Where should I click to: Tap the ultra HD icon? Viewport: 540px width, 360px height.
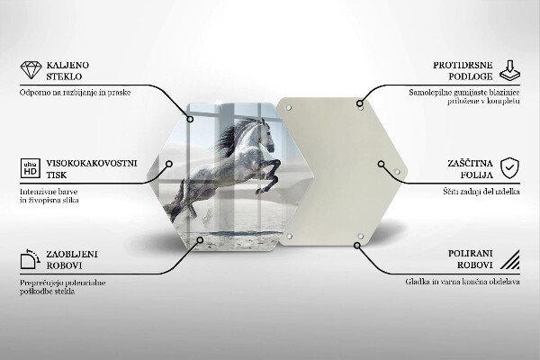[x=30, y=168]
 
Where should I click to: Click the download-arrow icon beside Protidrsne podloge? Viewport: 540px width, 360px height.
[x=509, y=70]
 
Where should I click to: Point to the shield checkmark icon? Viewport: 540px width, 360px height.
[x=509, y=167]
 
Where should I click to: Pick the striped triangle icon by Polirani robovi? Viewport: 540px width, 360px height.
[x=509, y=261]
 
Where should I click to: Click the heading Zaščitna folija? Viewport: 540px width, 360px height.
[x=468, y=167]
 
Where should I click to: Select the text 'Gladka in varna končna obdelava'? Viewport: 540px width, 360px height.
[x=462, y=282]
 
